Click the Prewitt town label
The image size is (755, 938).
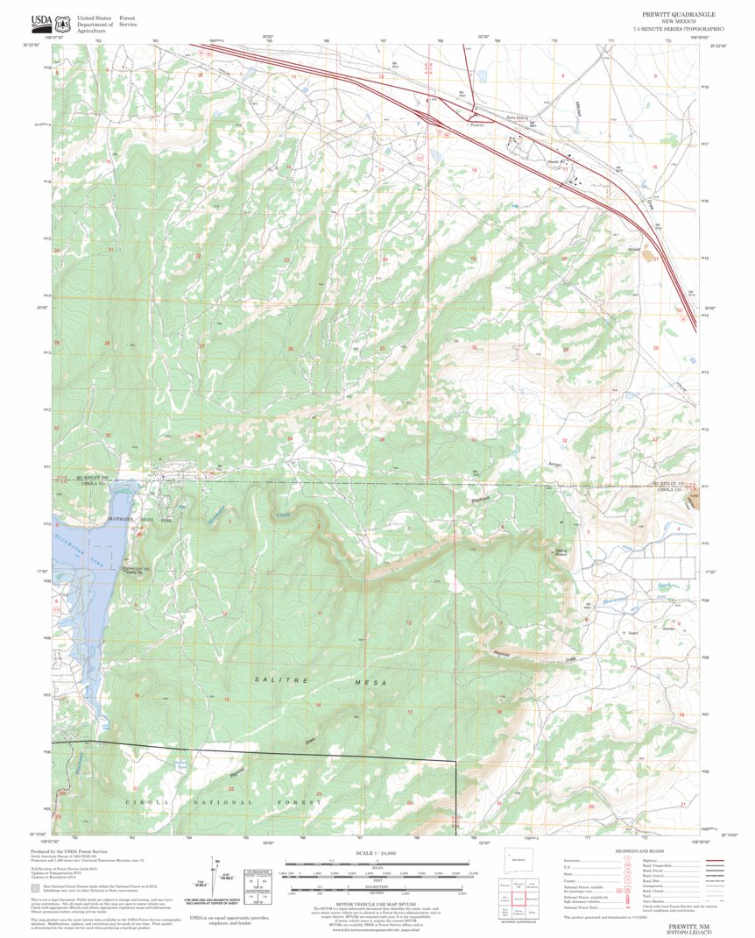(476, 124)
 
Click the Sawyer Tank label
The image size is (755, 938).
(181, 764)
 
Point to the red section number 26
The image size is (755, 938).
(291, 349)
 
